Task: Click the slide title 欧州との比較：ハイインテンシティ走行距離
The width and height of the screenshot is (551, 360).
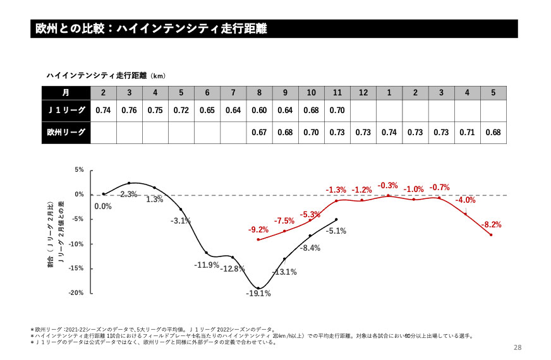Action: [152, 29]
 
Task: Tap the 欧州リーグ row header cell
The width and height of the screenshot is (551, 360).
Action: [66, 133]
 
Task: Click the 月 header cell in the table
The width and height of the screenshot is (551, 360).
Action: [66, 92]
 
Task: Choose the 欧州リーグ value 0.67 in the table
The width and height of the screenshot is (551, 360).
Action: [259, 133]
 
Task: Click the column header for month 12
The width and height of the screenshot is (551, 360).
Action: [363, 92]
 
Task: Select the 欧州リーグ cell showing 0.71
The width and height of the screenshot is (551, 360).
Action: [467, 133]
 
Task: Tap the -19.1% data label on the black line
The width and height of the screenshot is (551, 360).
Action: [258, 293]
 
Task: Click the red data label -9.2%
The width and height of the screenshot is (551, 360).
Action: [258, 229]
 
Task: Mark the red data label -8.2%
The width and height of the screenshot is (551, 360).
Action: [491, 225]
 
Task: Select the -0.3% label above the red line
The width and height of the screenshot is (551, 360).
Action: [387, 186]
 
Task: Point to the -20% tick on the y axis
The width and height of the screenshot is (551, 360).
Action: [76, 293]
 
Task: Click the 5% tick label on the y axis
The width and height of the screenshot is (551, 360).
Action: [79, 170]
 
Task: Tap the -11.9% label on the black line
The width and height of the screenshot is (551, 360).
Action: [207, 265]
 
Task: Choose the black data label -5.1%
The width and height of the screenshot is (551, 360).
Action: [336, 231]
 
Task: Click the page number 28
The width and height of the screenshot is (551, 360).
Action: [518, 348]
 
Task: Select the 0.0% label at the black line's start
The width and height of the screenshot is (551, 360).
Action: [102, 206]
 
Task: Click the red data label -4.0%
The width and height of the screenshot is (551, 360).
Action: [466, 200]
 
